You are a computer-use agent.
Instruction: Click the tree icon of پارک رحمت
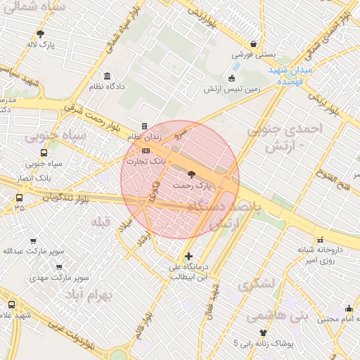click(x=193, y=174)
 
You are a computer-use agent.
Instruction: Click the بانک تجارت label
click(x=146, y=161)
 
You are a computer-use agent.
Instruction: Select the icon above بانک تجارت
click(x=146, y=151)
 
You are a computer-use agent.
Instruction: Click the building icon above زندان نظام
click(x=145, y=127)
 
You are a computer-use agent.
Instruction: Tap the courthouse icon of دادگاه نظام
click(x=107, y=76)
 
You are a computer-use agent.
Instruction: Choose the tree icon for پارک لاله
click(x=40, y=34)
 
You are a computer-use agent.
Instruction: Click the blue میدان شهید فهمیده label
click(x=290, y=77)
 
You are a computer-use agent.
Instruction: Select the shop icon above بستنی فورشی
click(x=253, y=44)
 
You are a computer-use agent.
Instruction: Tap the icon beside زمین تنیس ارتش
click(x=232, y=78)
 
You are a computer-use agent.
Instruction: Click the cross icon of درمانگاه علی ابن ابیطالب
click(x=188, y=256)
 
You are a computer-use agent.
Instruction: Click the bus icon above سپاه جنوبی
click(x=44, y=153)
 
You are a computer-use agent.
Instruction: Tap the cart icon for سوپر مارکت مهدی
click(x=59, y=267)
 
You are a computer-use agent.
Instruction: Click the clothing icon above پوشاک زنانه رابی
click(x=263, y=333)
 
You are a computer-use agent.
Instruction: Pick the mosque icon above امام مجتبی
click(x=349, y=308)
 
